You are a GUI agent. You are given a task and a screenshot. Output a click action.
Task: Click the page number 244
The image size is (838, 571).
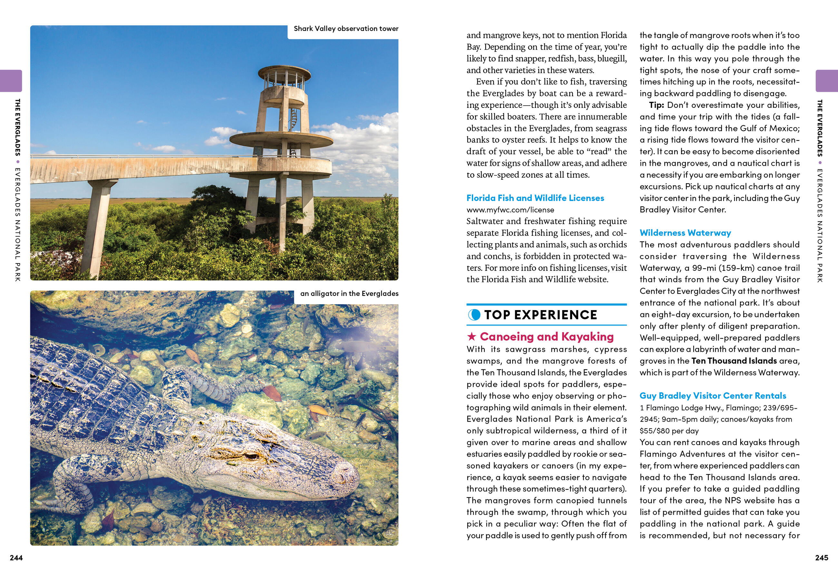tap(16, 558)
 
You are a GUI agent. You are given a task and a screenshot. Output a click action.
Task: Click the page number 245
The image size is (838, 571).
tap(822, 558)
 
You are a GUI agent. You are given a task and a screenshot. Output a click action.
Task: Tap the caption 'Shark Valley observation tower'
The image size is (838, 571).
tap(346, 29)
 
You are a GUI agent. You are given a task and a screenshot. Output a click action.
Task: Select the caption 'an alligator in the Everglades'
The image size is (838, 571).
tap(349, 294)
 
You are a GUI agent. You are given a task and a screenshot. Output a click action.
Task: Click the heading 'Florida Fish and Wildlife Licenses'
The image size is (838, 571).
tap(535, 198)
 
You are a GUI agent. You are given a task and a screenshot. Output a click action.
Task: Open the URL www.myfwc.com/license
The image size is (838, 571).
tap(510, 210)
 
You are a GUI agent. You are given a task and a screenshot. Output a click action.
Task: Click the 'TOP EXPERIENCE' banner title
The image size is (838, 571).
tap(541, 315)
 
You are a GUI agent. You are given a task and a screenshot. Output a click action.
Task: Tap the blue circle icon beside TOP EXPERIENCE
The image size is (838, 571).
tap(474, 315)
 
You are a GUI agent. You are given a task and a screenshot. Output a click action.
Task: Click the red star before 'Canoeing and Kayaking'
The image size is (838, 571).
tap(471, 337)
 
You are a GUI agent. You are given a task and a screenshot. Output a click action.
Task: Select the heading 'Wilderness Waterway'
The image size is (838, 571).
tap(685, 233)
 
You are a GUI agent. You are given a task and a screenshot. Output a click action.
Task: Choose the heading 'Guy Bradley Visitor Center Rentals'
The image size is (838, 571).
tap(713, 396)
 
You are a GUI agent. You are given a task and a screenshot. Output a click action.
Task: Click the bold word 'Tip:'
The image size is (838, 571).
tap(656, 105)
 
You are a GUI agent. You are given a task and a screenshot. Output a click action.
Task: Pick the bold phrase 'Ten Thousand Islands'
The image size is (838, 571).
tap(734, 361)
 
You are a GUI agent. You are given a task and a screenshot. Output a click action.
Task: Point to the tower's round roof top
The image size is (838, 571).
tap(284, 70)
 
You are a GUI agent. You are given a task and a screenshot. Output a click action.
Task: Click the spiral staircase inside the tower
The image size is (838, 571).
tap(294, 119)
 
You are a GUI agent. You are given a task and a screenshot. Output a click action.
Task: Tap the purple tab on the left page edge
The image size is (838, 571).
tap(11, 81)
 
